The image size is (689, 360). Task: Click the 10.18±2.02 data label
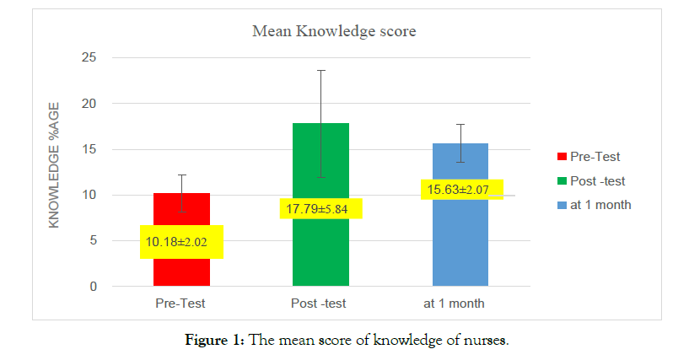tap(181, 242)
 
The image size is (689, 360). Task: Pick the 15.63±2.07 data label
tap(461, 190)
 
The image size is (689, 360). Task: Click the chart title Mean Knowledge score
tap(335, 31)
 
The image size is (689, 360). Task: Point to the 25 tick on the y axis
tap(89, 58)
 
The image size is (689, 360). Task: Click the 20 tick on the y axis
tap(89, 104)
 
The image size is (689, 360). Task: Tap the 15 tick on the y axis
tap(89, 150)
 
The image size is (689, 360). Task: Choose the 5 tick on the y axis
tap(92, 241)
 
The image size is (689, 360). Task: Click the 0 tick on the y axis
tap(92, 287)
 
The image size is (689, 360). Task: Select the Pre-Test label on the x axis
tap(180, 303)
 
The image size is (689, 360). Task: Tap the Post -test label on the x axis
tap(320, 303)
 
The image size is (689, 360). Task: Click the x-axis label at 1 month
tap(460, 303)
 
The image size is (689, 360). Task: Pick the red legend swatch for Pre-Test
tap(562, 157)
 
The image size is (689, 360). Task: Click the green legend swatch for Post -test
tap(562, 180)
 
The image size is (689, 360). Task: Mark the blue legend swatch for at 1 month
tap(562, 205)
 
